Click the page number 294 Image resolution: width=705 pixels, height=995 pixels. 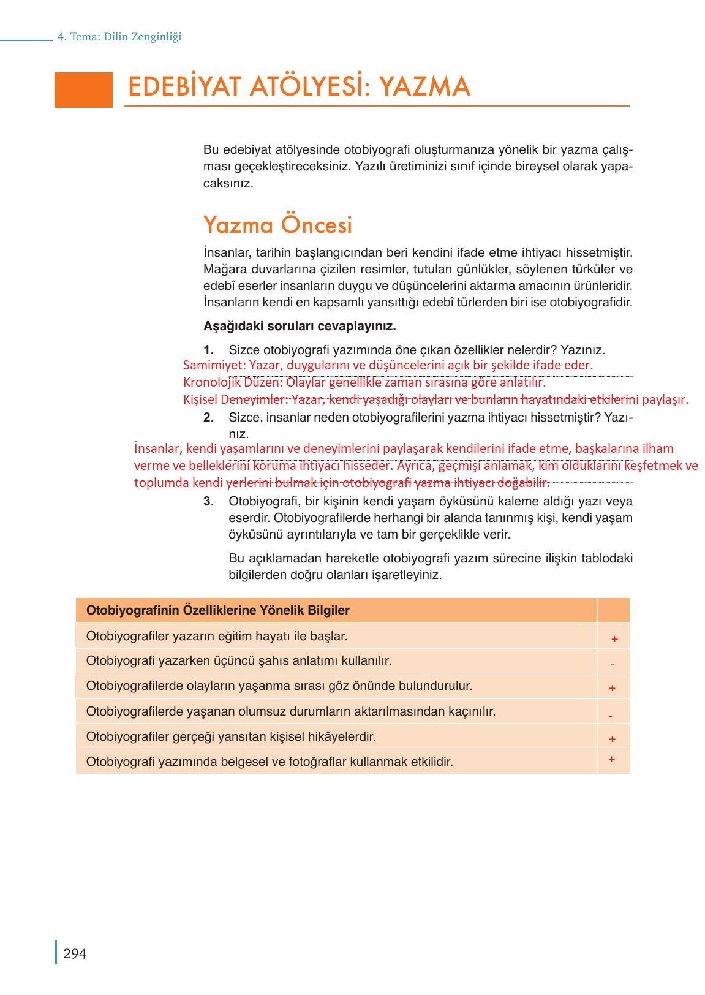tap(75, 954)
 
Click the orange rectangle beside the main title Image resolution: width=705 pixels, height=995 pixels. tap(83, 89)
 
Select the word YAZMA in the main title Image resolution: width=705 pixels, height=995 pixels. tap(424, 86)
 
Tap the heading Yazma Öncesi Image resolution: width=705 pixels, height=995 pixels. tap(277, 225)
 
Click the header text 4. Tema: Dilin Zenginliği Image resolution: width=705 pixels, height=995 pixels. tap(119, 37)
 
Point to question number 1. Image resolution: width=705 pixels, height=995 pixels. tap(209, 350)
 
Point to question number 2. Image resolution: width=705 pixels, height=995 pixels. tap(209, 418)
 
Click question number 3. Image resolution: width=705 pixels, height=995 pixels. tap(209, 502)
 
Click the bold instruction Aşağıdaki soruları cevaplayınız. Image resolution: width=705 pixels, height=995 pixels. tap(300, 326)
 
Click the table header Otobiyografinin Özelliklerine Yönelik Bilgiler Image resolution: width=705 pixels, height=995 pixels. tap(218, 610)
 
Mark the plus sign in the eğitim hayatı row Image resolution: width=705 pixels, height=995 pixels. tap(614, 639)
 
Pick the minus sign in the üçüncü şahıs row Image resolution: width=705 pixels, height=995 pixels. tap(613, 664)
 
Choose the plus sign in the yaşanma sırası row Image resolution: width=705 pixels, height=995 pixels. tap(612, 688)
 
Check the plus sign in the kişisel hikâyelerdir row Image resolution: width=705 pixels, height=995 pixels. tap(612, 739)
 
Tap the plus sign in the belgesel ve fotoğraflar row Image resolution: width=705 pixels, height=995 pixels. tap(611, 759)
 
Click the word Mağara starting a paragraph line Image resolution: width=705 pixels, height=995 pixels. tap(222, 270)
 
